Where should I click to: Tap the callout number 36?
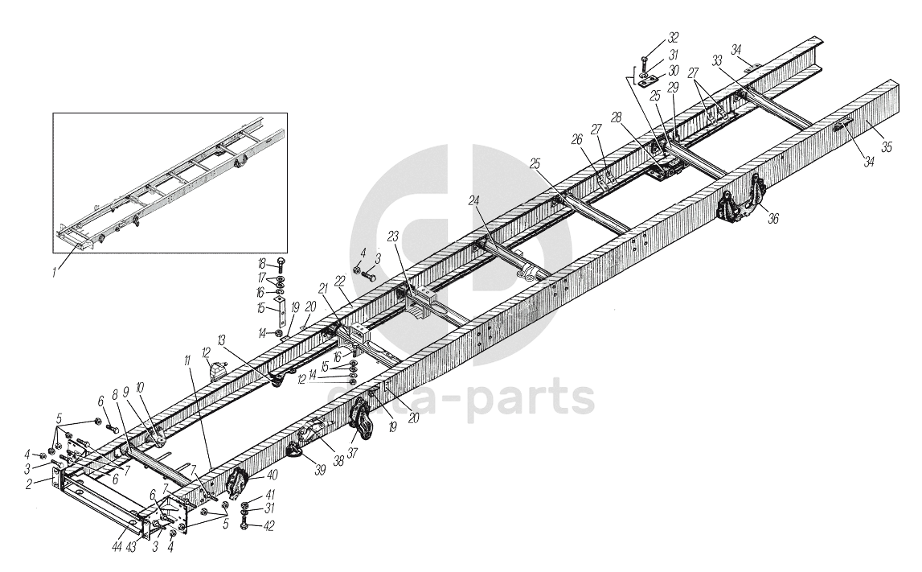tap(773, 217)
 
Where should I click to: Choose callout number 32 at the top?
tap(673, 38)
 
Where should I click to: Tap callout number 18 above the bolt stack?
tap(261, 263)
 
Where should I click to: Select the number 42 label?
tap(270, 526)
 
